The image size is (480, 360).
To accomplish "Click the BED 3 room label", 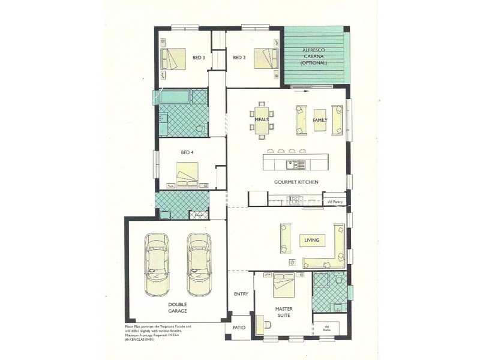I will click(x=199, y=58).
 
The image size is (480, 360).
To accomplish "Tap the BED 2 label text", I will click(x=239, y=58).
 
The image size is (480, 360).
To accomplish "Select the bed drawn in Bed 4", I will click(x=187, y=173).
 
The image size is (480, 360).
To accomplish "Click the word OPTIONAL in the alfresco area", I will click(x=315, y=63).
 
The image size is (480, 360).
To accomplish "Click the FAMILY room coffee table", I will click(x=319, y=119).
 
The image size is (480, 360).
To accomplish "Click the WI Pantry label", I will click(x=335, y=202).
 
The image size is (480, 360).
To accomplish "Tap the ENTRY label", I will click(x=241, y=294).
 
